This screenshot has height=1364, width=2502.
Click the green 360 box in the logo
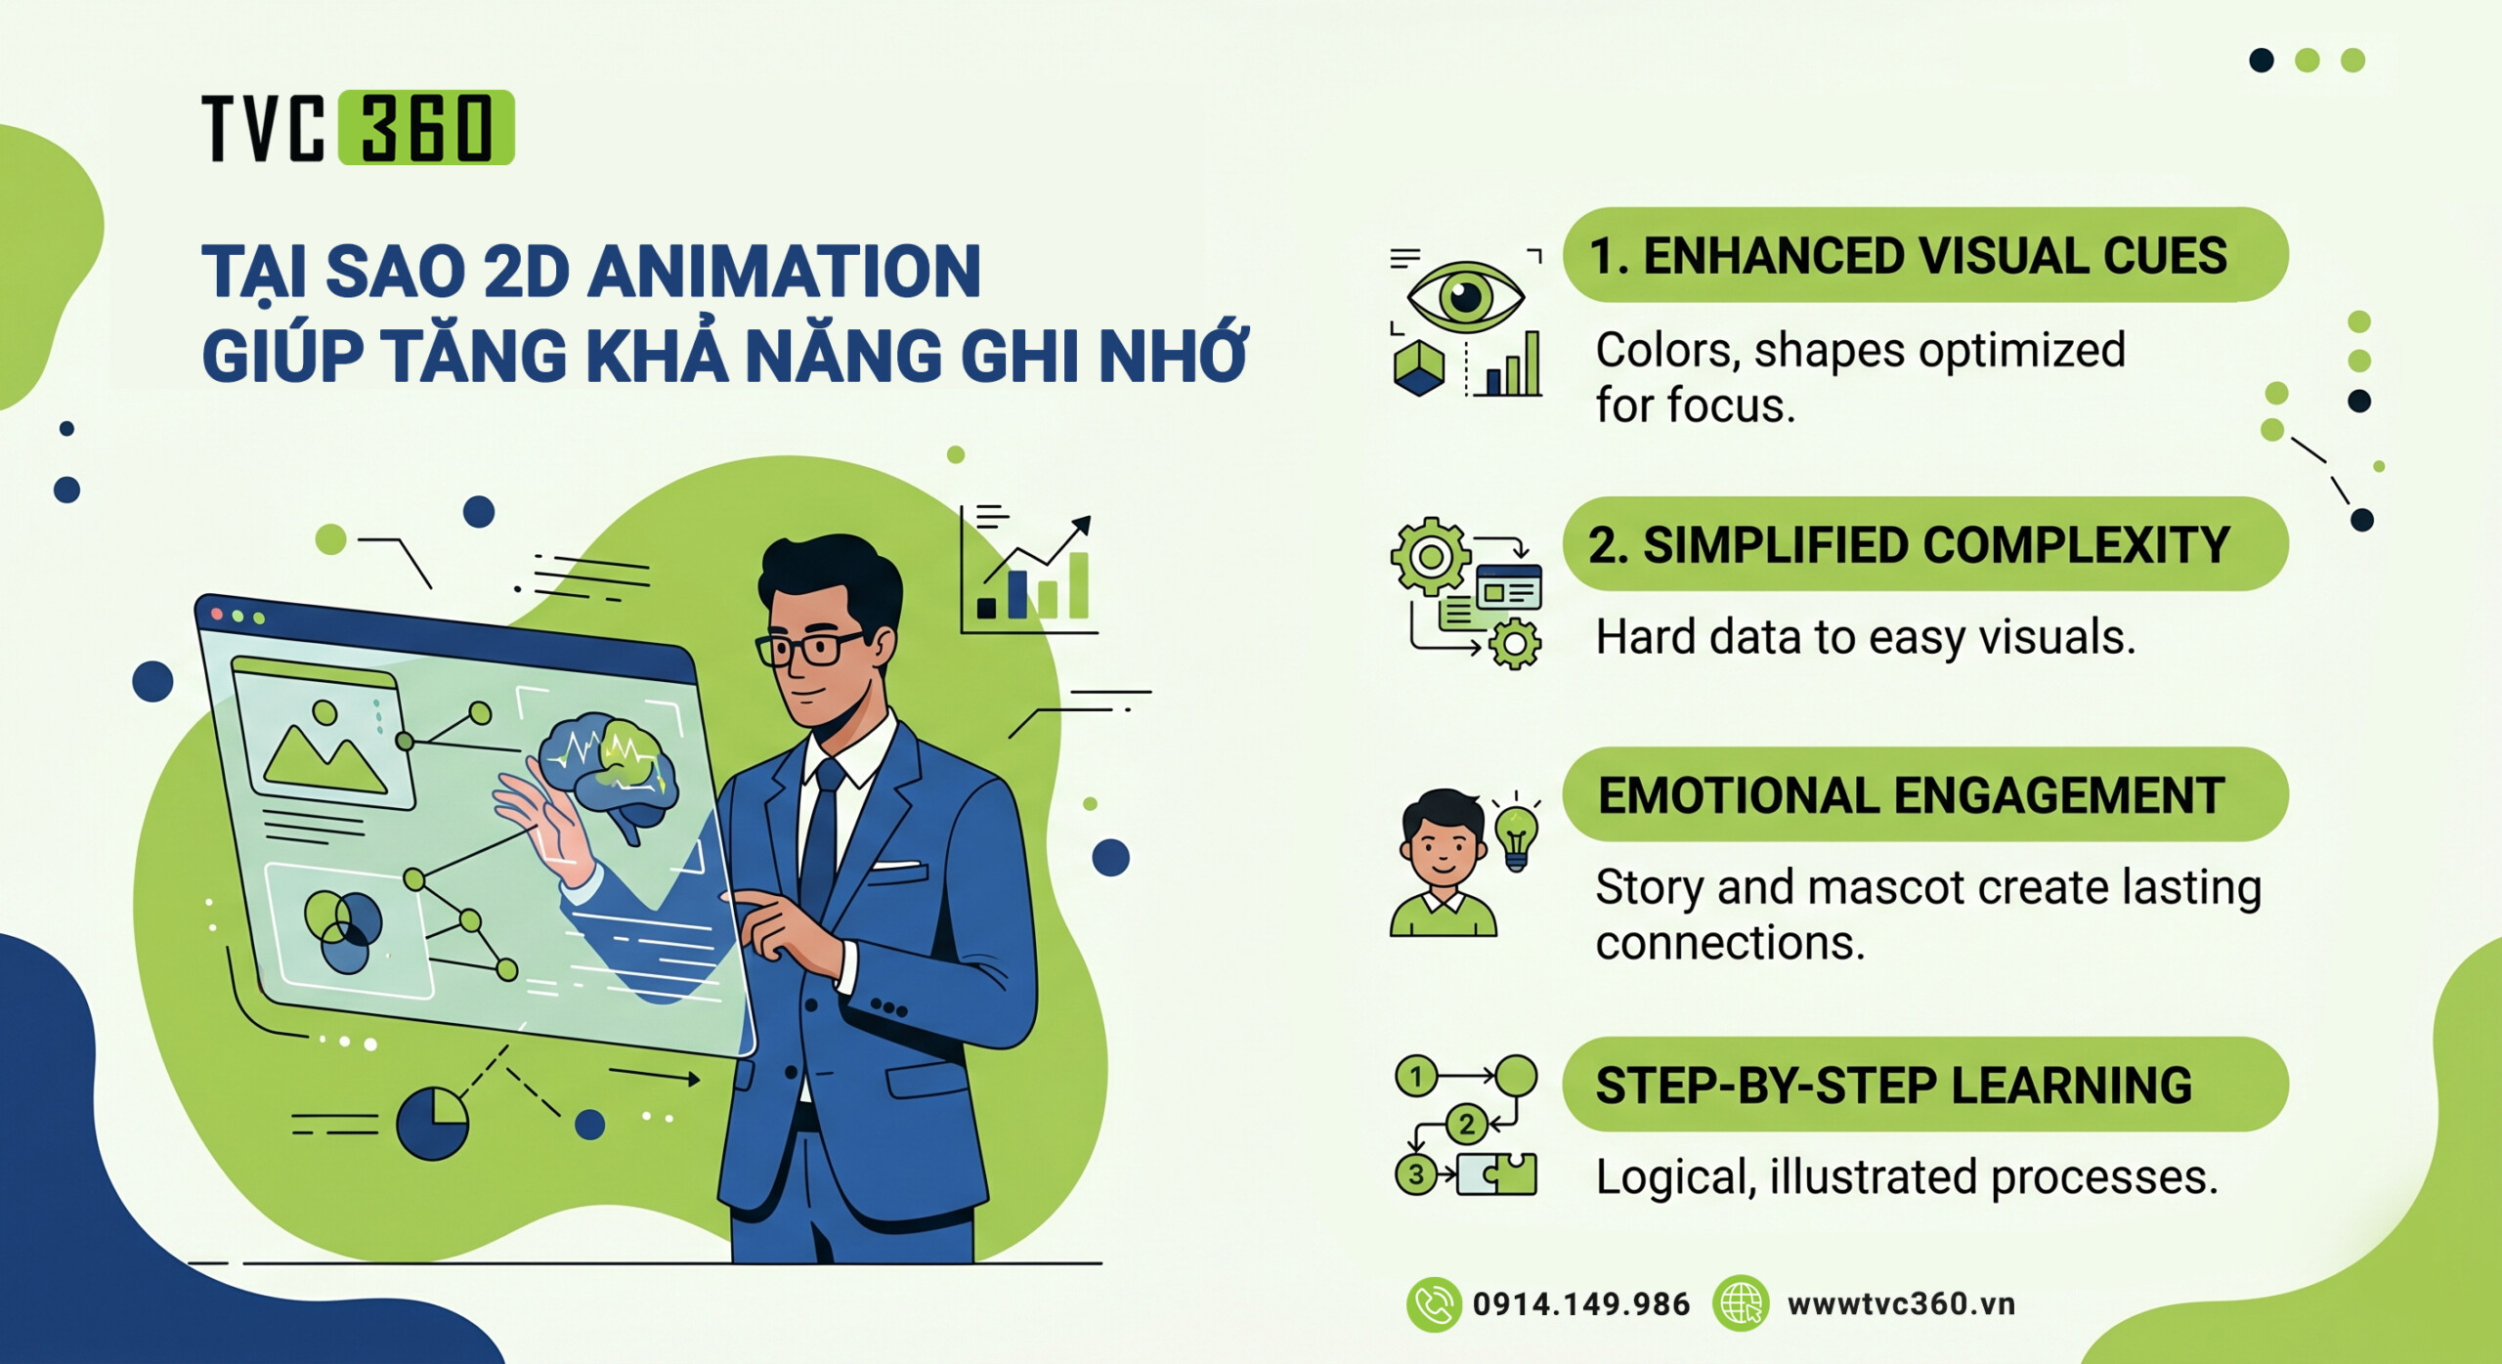(x=426, y=128)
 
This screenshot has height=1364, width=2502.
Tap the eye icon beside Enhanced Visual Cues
(x=1465, y=295)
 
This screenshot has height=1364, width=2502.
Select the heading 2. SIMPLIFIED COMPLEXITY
(x=1909, y=545)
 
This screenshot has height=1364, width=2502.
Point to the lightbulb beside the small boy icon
(x=1516, y=835)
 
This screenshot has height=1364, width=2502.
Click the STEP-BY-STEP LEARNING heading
(x=1894, y=1086)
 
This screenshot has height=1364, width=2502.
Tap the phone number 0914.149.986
(x=1580, y=1303)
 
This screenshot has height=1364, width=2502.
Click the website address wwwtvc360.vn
(x=1901, y=1303)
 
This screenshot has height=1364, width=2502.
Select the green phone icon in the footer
(x=1434, y=1303)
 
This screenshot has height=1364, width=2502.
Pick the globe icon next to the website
(x=1741, y=1303)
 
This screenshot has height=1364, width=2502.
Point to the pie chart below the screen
(x=432, y=1124)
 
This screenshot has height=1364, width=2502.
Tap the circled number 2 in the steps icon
(x=1466, y=1125)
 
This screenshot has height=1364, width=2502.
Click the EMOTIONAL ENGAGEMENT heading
(x=1911, y=795)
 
